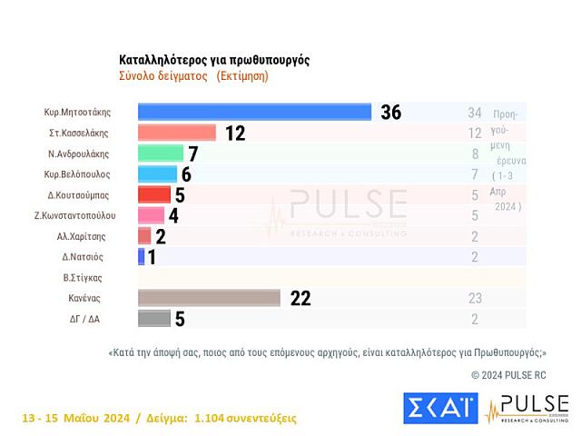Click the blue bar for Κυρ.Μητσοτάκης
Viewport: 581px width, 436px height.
254,112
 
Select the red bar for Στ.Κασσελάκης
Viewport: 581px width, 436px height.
177,133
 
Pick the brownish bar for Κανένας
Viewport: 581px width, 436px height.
209,298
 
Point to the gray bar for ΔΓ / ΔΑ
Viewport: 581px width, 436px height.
154,318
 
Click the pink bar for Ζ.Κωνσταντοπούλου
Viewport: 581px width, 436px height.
151,215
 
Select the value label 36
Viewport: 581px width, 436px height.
390,113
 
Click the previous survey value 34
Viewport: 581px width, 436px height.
474,113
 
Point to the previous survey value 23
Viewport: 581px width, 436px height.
474,297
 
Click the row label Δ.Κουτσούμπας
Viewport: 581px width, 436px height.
79,194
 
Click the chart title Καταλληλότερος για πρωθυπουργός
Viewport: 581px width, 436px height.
214,60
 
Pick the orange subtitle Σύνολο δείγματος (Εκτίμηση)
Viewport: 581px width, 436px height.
193,76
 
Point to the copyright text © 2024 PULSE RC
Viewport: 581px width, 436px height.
519,374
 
